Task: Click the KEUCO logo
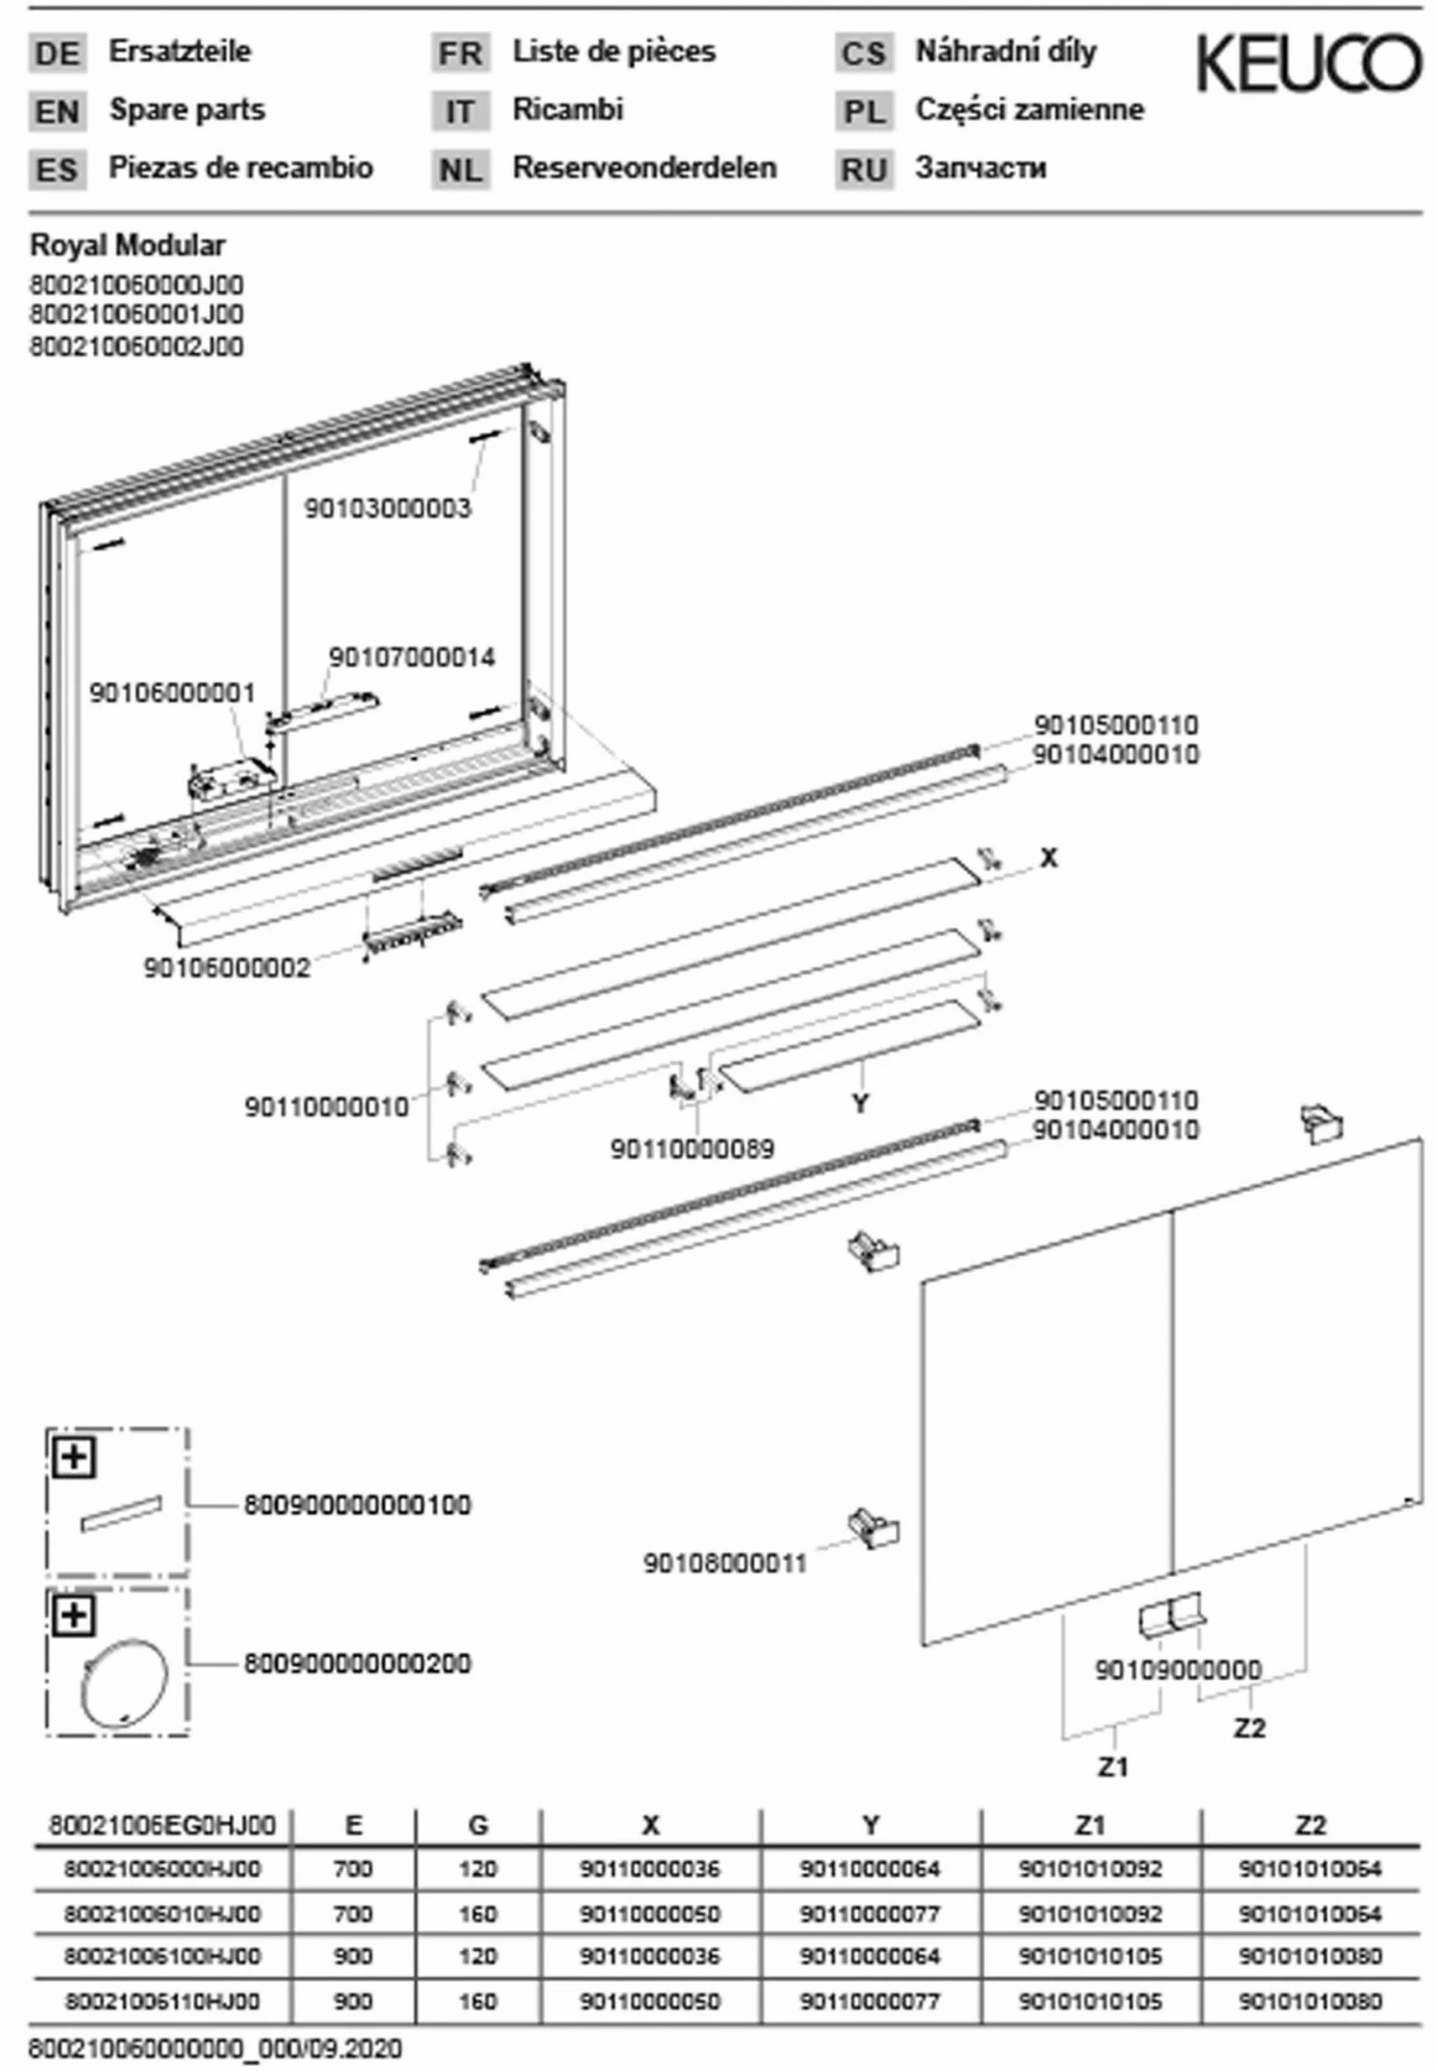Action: point(1309,64)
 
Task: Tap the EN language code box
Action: point(57,112)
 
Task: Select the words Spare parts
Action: point(187,110)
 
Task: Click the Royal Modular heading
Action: point(127,246)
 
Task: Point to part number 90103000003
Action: point(388,509)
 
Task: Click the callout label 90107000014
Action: point(412,658)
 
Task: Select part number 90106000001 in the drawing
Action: point(172,693)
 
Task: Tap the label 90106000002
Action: point(227,967)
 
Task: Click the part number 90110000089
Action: point(692,1149)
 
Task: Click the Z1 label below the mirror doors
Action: point(1112,1766)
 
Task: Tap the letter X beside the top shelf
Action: point(1049,858)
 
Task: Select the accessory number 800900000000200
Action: point(356,1664)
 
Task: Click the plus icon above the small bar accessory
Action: point(75,1459)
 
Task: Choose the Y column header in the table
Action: point(870,1826)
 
